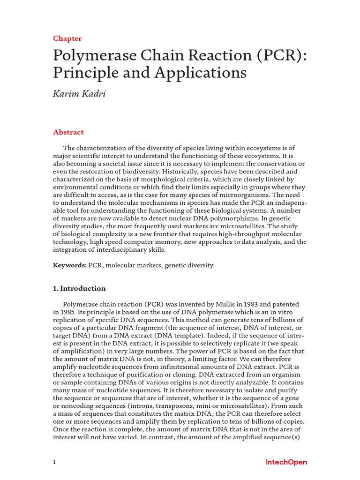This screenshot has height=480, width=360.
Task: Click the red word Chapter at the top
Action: [x=67, y=38]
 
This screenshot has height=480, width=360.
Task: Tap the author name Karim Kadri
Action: [x=79, y=94]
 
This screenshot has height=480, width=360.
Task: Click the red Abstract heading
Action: [x=68, y=132]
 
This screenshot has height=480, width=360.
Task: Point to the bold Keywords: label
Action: [x=70, y=265]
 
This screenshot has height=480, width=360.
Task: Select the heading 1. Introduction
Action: [x=79, y=289]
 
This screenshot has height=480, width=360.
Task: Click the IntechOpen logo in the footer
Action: [x=286, y=462]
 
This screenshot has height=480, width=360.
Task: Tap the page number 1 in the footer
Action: [x=54, y=463]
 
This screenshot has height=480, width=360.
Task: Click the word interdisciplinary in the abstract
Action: [x=114, y=250]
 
